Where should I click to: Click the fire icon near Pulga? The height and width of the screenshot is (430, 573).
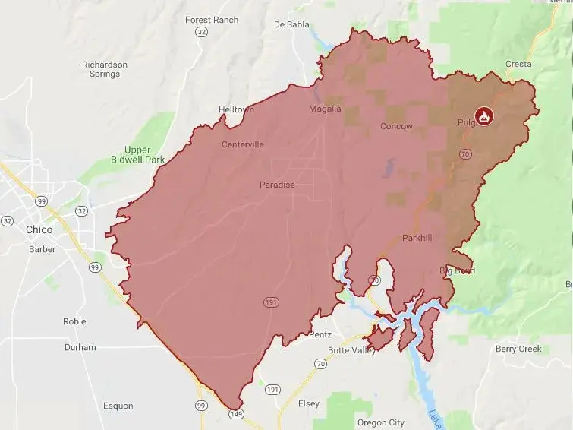pos(483,116)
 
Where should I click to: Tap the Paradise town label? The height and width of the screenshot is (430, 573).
pos(277,185)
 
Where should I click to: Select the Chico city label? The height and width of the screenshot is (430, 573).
pos(39,229)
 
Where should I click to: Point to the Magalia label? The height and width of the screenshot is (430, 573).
pos(326,109)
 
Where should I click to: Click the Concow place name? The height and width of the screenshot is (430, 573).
pos(396,126)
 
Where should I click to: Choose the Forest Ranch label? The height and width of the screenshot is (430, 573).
pos(212,20)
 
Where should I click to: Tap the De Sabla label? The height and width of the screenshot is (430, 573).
pos(291,24)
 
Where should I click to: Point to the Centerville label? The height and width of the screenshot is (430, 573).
pos(243,144)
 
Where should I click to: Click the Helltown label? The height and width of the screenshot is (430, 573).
pos(236,109)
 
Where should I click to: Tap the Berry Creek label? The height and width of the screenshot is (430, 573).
pos(518,349)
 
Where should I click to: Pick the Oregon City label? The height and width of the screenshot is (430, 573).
pos(380,422)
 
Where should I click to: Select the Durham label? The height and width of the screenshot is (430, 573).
pos(80,347)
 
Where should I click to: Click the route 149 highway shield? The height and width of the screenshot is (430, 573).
pos(235,413)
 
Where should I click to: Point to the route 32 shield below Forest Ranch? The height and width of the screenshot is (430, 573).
pos(200,33)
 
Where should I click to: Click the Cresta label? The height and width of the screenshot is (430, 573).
pos(518,64)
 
